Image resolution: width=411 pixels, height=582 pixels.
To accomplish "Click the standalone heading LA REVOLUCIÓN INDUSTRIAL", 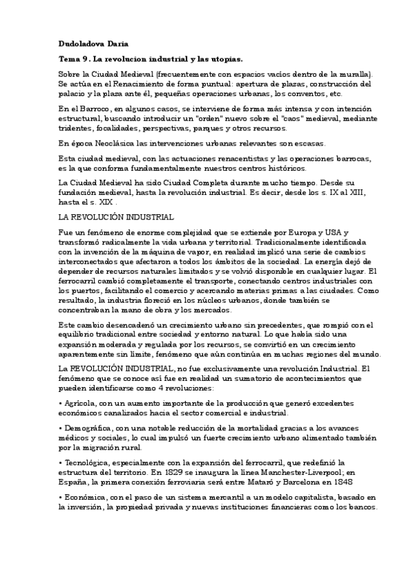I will (x=115, y=217).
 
